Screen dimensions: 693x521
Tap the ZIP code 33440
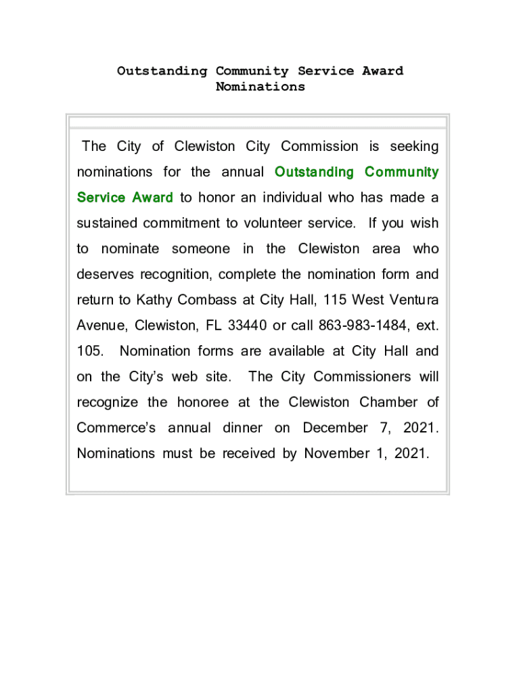[247, 326]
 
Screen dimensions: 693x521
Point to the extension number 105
[89, 351]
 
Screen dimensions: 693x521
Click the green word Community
[401, 173]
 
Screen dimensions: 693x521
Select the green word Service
[101, 198]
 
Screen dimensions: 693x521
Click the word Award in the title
[382, 71]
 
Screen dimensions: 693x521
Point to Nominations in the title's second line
[260, 87]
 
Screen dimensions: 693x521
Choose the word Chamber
[388, 402]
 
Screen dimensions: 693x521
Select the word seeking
[413, 147]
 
